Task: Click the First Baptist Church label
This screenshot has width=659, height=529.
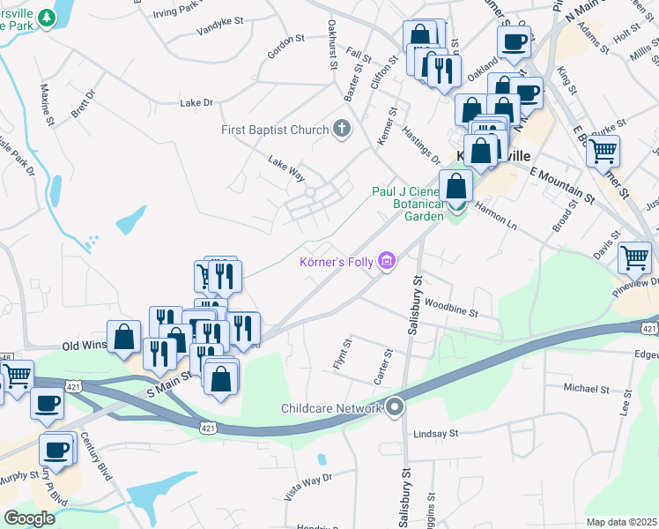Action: [274, 130]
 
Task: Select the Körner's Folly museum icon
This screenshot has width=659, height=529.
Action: [385, 261]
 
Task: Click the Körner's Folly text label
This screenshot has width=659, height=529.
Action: [337, 262]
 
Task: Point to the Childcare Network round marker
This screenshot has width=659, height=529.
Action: [395, 407]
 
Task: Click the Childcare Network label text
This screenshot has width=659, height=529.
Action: [331, 408]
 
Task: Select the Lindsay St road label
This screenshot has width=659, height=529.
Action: [438, 433]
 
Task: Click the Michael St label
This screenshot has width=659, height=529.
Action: [586, 388]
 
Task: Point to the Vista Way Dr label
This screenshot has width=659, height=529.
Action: [307, 486]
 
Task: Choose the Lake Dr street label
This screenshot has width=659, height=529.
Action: [196, 103]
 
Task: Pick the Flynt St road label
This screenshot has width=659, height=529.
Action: [342, 354]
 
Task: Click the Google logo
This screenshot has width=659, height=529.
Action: [28, 518]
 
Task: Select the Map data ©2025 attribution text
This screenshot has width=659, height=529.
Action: [620, 522]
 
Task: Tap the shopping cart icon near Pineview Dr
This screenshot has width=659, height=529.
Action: [634, 258]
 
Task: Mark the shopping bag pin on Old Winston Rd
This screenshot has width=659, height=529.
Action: [124, 336]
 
